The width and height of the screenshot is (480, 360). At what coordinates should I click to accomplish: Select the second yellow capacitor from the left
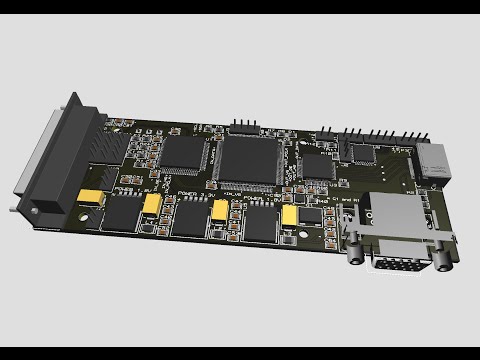[x=152, y=204]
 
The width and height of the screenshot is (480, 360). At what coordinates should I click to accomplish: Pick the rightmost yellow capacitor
[x=290, y=214]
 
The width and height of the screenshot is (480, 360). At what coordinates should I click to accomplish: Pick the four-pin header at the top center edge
[x=243, y=128]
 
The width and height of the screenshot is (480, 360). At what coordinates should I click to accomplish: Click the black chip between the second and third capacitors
[x=189, y=218]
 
